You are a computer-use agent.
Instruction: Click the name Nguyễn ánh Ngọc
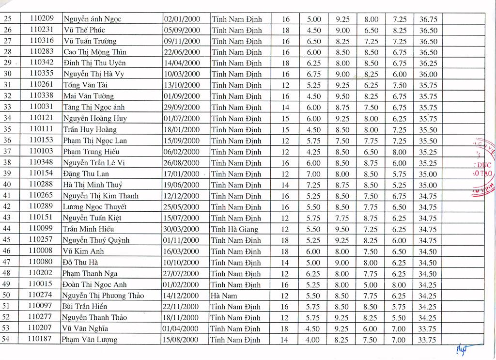(x=92, y=19)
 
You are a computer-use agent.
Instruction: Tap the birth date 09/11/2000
(x=182, y=41)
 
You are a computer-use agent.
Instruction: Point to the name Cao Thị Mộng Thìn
(x=95, y=52)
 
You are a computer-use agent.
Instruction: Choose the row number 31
(x=7, y=85)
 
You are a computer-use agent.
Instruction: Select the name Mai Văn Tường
(x=89, y=96)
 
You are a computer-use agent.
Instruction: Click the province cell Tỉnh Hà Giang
(x=235, y=229)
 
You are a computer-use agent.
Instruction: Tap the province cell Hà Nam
(x=224, y=296)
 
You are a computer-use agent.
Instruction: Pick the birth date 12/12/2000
(x=182, y=196)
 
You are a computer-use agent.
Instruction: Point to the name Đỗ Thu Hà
(x=80, y=262)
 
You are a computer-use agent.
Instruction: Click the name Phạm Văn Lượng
(x=89, y=340)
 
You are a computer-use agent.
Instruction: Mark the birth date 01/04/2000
(x=181, y=329)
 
